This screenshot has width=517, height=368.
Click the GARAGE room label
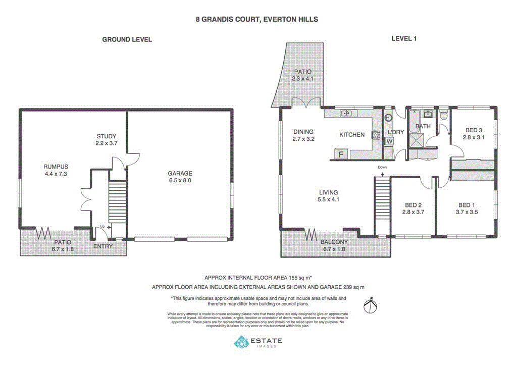coord(180,174)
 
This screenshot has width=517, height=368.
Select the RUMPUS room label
coord(56,167)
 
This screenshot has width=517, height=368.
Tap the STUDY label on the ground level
coord(107,136)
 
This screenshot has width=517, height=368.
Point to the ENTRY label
coord(103,246)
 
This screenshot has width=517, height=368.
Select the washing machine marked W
coord(389,141)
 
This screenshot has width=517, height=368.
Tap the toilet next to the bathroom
coord(444,115)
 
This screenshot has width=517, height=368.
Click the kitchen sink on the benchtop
coord(346,113)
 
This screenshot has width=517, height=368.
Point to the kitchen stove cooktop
coord(376,135)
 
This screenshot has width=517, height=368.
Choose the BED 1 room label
coord(466,205)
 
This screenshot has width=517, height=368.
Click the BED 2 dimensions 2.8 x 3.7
coord(413,212)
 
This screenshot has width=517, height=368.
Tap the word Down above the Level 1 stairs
coord(382,167)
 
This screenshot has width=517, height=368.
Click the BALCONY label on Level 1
coord(334,242)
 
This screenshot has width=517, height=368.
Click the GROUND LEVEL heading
coord(127,39)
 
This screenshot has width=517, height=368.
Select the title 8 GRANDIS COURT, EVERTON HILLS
coord(257,19)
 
